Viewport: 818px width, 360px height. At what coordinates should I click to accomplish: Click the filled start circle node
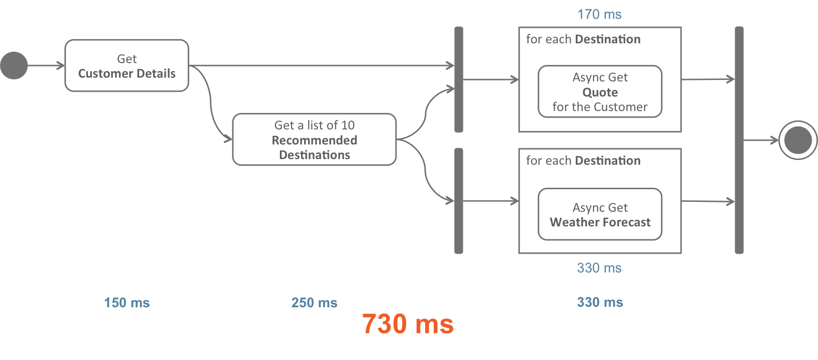[14, 65]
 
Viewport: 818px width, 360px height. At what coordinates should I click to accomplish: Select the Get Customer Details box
[127, 66]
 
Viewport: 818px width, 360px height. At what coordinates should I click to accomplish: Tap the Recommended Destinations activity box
[314, 140]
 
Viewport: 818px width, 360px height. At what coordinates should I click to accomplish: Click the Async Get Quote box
[600, 92]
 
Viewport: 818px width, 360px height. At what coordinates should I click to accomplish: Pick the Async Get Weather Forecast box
[600, 215]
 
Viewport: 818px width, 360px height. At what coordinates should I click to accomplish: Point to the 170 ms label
[599, 15]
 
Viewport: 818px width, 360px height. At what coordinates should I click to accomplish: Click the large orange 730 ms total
[408, 324]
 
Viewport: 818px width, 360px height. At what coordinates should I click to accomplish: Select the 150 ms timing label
[127, 303]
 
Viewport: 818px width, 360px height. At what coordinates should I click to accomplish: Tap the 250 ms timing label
[314, 303]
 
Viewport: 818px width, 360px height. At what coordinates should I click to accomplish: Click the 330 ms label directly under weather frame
[599, 268]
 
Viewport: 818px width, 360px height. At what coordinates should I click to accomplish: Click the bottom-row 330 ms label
[600, 302]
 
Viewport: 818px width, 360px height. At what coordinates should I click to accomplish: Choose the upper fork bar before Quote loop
[459, 79]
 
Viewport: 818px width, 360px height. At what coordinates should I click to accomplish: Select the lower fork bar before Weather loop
[459, 201]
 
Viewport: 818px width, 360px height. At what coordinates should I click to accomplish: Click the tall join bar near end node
[739, 140]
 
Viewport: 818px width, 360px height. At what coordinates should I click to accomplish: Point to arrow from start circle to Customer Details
[46, 65]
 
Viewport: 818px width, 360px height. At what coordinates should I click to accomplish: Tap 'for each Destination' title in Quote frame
[583, 39]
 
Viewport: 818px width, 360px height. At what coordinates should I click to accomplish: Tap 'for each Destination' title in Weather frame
[583, 161]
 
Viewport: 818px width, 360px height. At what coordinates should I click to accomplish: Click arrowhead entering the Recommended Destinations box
[228, 139]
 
